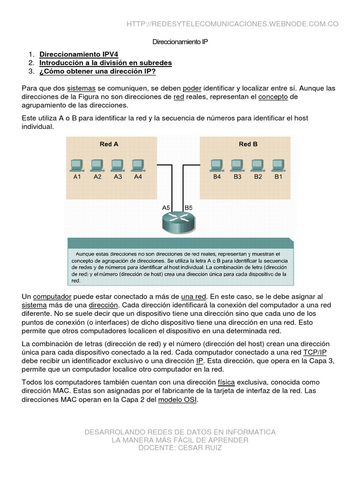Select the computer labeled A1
click(x=76, y=165)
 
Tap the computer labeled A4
click(x=137, y=165)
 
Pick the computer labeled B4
click(x=217, y=165)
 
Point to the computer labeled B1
click(x=278, y=165)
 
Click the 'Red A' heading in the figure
click(x=109, y=144)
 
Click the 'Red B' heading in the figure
click(x=248, y=144)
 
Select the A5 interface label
click(x=166, y=207)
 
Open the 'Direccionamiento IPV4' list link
click(x=79, y=54)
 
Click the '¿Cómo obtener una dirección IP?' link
click(x=97, y=71)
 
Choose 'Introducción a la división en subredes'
click(x=105, y=62)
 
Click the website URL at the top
click(x=232, y=24)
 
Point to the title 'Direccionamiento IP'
click(x=180, y=42)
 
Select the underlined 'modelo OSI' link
click(x=178, y=399)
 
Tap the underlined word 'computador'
click(x=52, y=297)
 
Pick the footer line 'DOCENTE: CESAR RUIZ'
click(x=180, y=448)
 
